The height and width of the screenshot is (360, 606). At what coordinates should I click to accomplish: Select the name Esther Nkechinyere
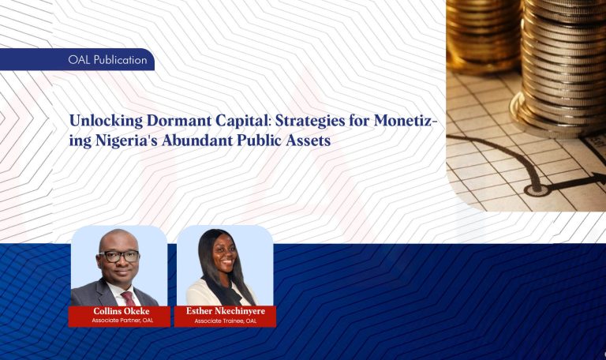click(x=225, y=312)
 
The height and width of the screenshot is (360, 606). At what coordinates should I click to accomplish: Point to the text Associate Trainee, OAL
click(x=225, y=321)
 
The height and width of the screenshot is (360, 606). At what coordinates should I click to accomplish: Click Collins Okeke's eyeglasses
click(x=120, y=256)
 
